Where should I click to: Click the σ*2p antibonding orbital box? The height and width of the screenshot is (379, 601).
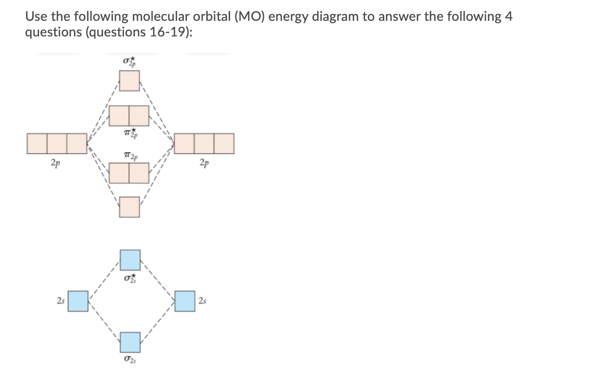130,80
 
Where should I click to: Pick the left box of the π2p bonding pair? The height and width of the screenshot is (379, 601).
120,172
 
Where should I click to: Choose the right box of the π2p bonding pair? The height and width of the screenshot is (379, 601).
140,172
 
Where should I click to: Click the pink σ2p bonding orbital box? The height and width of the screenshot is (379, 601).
130,207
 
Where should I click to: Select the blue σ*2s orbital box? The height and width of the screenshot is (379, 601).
130,260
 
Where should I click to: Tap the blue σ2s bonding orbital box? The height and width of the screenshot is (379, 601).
130,342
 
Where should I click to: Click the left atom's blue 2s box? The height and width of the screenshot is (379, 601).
79,301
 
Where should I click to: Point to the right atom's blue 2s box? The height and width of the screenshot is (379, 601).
184,301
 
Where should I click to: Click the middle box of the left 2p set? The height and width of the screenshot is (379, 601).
57,144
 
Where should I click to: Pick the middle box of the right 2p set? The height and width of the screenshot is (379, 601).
204,144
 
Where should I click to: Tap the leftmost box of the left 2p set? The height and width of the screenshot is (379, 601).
37,144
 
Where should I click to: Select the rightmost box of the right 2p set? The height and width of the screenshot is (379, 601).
224,144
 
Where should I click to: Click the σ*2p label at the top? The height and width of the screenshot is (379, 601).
130,61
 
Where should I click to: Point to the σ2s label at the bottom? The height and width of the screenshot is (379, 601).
130,359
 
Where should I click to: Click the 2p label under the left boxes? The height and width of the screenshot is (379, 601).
55,162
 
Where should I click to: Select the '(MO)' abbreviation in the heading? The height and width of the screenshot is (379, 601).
251,16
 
